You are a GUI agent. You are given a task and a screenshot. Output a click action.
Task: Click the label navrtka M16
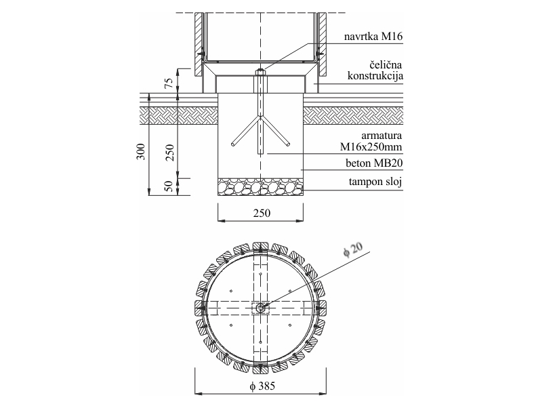tap(373, 36)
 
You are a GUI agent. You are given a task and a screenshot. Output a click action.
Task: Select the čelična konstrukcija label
tap(375, 70)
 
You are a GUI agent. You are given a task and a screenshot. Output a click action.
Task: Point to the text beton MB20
tap(374, 163)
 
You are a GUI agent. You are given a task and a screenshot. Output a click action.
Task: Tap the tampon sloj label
tap(375, 181)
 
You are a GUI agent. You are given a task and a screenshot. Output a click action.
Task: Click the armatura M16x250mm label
tap(371, 141)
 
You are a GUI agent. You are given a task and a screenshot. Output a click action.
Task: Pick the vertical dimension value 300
tap(141, 152)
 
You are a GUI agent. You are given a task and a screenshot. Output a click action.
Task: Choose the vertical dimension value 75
tap(169, 83)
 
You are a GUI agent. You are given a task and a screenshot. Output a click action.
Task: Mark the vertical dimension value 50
tap(169, 186)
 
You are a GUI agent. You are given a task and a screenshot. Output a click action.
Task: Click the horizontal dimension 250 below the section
tap(262, 213)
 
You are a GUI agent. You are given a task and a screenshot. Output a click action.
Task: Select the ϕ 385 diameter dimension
tap(262, 386)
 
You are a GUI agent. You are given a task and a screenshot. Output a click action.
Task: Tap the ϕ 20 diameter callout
tap(352, 249)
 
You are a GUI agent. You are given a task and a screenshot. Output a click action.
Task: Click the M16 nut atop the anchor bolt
tap(260, 72)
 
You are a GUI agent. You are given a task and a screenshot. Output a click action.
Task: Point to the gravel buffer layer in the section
tap(260, 187)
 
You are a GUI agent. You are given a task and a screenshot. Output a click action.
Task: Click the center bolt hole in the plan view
tap(260, 308)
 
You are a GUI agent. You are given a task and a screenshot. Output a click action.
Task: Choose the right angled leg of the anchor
tap(276, 131)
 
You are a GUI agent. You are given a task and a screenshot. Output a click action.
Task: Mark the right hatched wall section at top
tap(322, 45)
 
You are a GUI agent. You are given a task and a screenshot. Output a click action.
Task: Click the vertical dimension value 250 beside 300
tap(170, 153)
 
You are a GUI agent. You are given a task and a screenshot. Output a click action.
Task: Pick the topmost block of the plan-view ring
tap(260, 247)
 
